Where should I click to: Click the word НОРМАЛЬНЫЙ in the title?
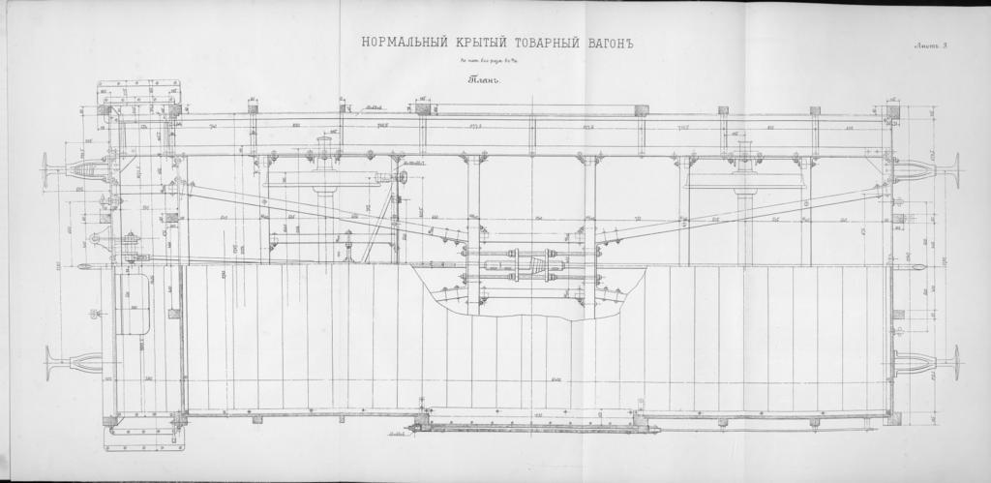397,42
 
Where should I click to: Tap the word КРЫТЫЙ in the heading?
469,42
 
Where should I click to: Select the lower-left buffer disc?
47,365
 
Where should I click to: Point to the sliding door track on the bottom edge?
527,427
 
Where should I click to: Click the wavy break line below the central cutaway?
523,315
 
